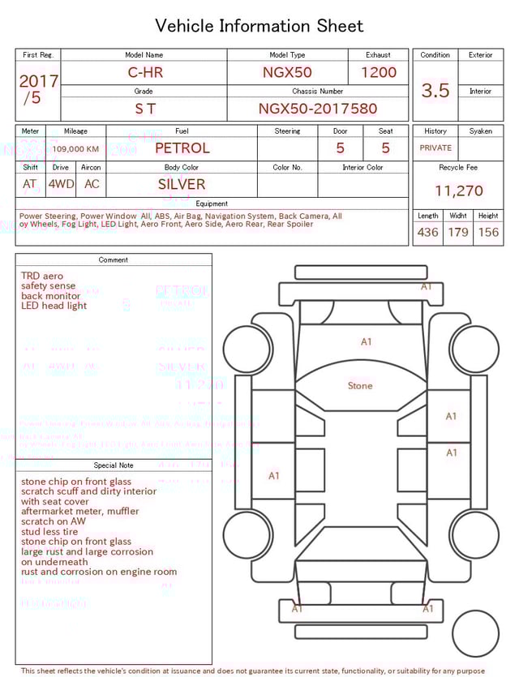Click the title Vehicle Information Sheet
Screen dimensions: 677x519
(x=259, y=26)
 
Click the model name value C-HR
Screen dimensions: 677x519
(x=145, y=72)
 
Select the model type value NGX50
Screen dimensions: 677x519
(x=287, y=72)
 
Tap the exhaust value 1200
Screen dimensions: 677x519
(x=379, y=72)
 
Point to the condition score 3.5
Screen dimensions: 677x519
(x=435, y=91)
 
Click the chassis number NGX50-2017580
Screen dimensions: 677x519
(x=318, y=109)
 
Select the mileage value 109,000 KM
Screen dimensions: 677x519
(x=76, y=149)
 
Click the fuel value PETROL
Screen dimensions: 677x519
(x=182, y=148)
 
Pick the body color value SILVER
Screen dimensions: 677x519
(x=182, y=184)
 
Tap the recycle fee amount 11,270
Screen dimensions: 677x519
(x=458, y=191)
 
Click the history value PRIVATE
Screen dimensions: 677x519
(x=435, y=148)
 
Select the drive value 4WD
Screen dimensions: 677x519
(x=61, y=184)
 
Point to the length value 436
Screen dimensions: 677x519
(x=427, y=233)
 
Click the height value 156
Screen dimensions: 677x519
(x=488, y=233)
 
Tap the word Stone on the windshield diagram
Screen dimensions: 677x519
(x=360, y=386)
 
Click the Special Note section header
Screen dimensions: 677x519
(x=114, y=465)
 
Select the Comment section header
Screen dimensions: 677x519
(x=114, y=260)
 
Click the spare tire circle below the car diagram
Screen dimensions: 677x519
(x=476, y=634)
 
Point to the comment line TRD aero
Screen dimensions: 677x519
(x=42, y=276)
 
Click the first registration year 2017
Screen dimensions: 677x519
(x=38, y=81)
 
